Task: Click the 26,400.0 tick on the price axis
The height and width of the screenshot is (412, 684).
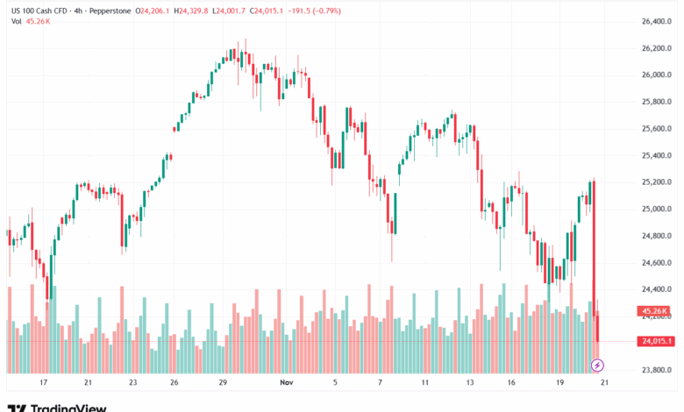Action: point(656,21)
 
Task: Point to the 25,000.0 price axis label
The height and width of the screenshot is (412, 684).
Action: point(656,209)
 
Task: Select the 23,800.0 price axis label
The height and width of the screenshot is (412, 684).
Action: point(656,370)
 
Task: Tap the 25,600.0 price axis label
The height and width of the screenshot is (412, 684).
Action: point(656,128)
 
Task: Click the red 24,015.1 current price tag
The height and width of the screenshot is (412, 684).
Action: point(656,341)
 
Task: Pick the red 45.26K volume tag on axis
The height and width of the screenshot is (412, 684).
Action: point(656,310)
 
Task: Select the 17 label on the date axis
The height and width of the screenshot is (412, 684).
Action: point(42,383)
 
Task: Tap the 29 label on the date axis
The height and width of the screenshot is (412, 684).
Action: point(224,383)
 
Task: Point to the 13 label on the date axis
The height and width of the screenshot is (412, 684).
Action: point(470,383)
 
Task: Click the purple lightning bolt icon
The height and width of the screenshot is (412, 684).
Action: point(598,364)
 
